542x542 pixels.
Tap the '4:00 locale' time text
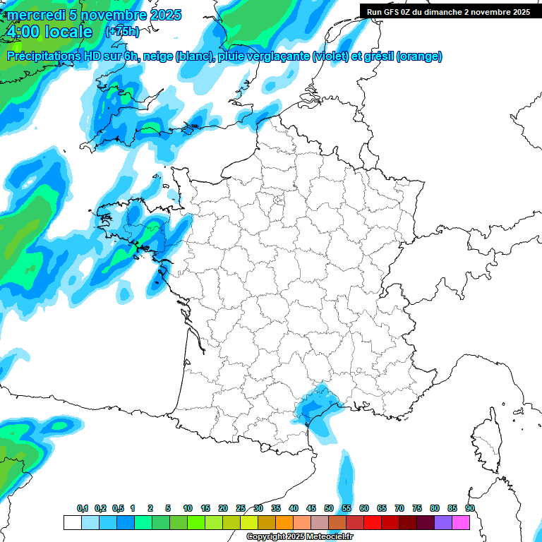[x=49, y=32]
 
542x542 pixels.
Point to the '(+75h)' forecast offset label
[x=122, y=32]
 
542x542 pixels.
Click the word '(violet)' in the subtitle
[x=330, y=56]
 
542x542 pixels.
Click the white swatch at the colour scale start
[x=73, y=523]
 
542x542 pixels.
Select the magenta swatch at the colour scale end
[x=461, y=523]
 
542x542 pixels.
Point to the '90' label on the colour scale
[x=470, y=508]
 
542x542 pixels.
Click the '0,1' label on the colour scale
[x=83, y=508]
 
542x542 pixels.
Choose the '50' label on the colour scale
[x=329, y=508]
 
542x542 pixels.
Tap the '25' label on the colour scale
[x=241, y=508]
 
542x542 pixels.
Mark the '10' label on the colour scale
[x=188, y=508]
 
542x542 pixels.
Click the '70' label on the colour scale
[x=399, y=508]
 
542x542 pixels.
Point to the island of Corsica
[x=486, y=441]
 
